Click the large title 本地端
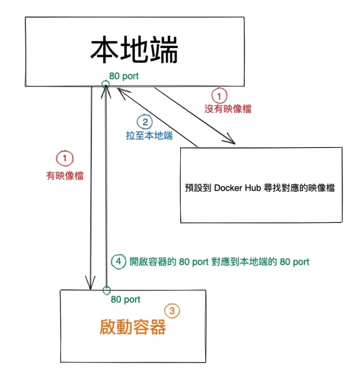click(x=134, y=51)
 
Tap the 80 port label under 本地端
click(x=124, y=76)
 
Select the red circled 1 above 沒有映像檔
click(x=218, y=96)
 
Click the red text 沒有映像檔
click(x=227, y=109)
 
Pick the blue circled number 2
click(x=145, y=123)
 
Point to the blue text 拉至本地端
click(x=149, y=136)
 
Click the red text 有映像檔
click(x=65, y=175)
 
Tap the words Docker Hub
click(x=235, y=188)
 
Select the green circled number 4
click(x=118, y=261)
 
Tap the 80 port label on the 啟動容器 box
click(x=126, y=299)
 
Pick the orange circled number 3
click(x=172, y=311)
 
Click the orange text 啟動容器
click(x=133, y=327)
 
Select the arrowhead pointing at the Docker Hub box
click(x=231, y=140)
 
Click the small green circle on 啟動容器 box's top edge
click(x=107, y=289)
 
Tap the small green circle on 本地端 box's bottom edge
click(x=106, y=85)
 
